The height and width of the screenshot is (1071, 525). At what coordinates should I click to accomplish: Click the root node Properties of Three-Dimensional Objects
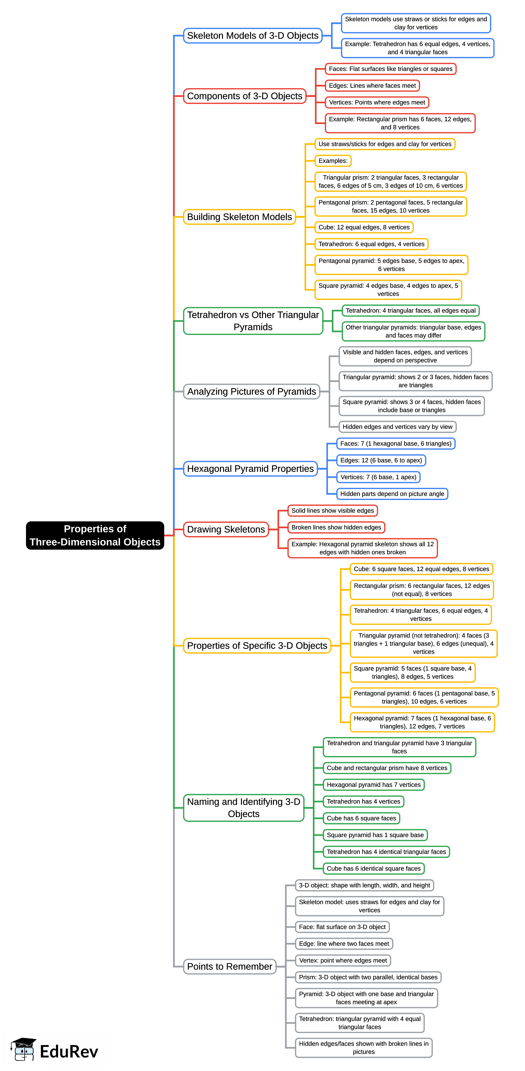tap(95, 535)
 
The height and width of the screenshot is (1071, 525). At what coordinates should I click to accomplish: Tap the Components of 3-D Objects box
tap(245, 96)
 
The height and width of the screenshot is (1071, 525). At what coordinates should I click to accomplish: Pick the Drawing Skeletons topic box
tap(226, 529)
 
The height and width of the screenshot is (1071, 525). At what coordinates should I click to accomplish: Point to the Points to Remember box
tap(230, 966)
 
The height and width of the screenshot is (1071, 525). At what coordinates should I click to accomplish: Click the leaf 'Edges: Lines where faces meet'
tap(372, 86)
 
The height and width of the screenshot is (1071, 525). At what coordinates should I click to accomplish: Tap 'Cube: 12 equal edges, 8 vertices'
tap(364, 227)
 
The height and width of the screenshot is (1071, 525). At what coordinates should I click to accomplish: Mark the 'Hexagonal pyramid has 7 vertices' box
tap(374, 785)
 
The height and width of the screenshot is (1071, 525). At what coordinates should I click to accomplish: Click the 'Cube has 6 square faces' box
tap(361, 818)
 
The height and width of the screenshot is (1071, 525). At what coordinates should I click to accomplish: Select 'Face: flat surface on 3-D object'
tap(342, 927)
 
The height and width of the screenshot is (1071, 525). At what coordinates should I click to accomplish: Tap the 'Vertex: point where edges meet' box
tap(343, 960)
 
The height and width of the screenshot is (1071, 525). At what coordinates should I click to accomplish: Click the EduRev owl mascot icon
tap(24, 1049)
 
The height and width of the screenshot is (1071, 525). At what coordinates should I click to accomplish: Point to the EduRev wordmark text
tap(69, 1052)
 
